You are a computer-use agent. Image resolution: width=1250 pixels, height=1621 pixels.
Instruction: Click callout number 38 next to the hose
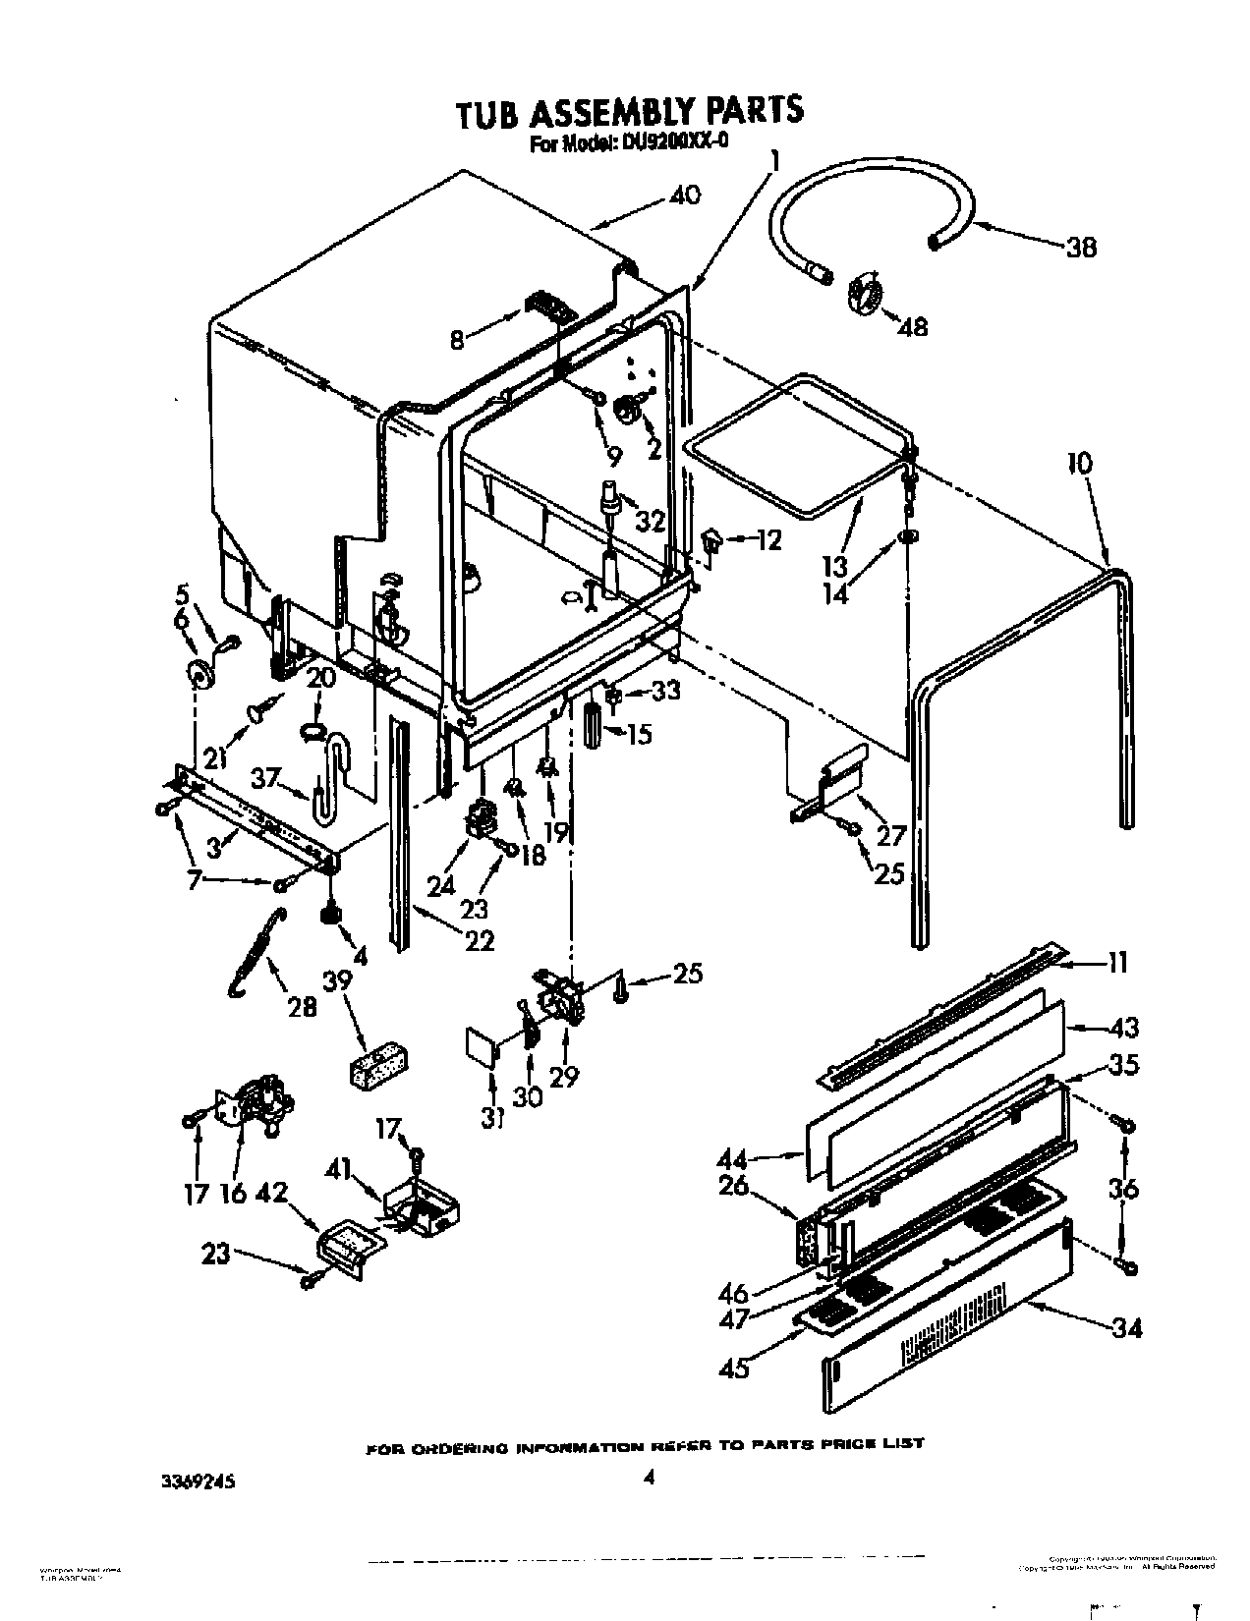[1081, 248]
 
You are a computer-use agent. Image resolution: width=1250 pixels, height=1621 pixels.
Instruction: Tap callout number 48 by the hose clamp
[913, 326]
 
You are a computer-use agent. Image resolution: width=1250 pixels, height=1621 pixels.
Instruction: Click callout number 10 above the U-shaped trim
[1079, 463]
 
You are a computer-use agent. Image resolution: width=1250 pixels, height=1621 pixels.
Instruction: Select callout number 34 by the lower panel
[1127, 1329]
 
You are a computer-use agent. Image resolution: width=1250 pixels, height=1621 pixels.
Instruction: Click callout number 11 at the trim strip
[1118, 963]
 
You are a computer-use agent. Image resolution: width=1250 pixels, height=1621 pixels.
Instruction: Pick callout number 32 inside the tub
[651, 522]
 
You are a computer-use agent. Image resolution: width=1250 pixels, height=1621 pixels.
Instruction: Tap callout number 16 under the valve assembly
[234, 1194]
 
